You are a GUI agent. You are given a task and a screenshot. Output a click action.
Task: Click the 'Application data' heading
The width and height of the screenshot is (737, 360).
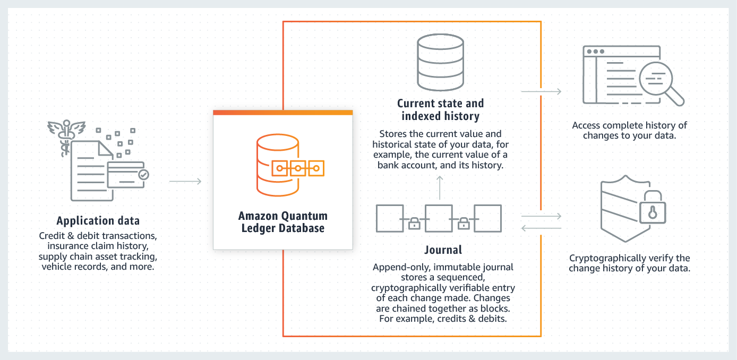coord(98,221)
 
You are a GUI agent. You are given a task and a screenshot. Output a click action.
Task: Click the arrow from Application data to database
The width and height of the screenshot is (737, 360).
coord(185,182)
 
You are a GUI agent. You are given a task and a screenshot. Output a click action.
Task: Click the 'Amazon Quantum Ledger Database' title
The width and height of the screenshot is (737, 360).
coord(282,222)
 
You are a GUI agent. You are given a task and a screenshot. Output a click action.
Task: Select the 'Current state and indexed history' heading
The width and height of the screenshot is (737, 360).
coord(440,109)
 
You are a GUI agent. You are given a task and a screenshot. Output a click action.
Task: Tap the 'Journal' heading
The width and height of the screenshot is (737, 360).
coord(443,250)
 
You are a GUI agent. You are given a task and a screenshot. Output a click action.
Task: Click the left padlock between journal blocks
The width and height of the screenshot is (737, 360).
coord(414,223)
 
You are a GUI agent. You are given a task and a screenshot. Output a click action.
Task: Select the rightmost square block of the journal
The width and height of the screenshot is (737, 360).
coord(487,218)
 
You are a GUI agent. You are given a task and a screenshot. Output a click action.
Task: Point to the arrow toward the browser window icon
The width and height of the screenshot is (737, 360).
coord(541,91)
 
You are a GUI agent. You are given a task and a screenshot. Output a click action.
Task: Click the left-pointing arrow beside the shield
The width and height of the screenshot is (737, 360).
coord(541,228)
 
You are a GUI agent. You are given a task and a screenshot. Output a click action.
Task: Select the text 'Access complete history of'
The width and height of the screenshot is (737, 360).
coord(629,126)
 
